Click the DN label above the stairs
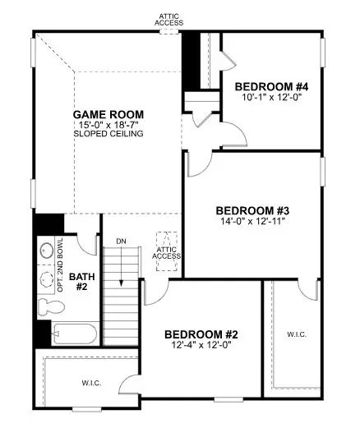(x=121, y=241)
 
